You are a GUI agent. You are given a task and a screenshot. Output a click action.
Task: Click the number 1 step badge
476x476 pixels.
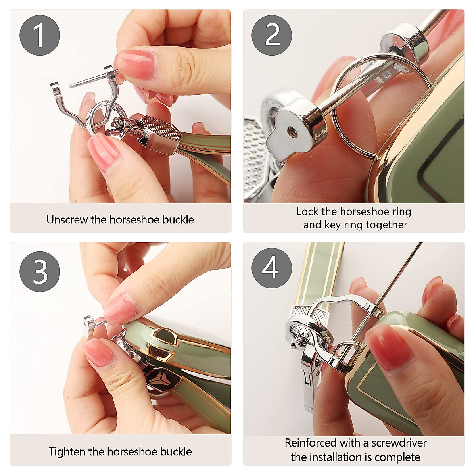tap(40, 35)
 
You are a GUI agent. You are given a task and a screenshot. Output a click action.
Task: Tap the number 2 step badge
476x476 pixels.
tap(272, 35)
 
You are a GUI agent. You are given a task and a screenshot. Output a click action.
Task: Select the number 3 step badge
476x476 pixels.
tap(40, 271)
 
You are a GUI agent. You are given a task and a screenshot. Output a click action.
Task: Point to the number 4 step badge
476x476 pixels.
tap(272, 268)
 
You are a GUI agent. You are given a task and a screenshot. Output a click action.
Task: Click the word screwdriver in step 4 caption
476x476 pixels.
tap(399, 443)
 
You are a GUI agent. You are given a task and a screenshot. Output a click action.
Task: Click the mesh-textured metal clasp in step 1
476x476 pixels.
tap(161, 134)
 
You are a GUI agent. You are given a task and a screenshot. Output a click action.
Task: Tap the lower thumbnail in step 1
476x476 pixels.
tap(104, 153)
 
